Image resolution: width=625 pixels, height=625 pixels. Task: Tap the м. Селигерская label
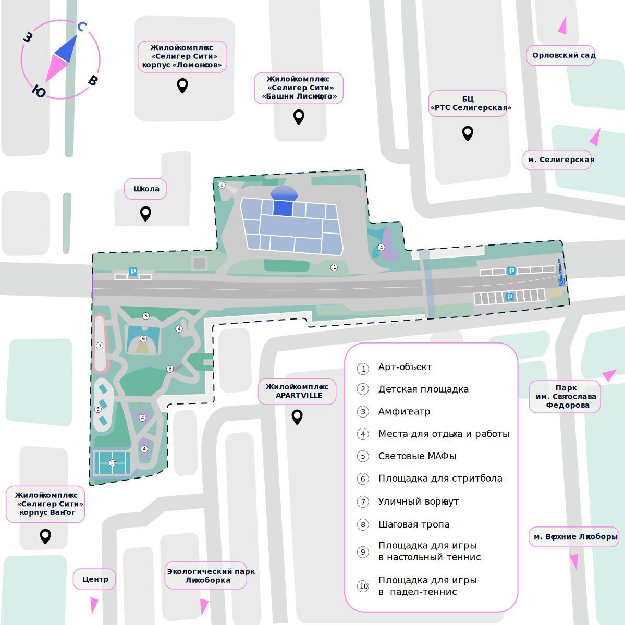tap(558, 160)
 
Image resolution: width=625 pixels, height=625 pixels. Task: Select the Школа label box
tap(145, 189)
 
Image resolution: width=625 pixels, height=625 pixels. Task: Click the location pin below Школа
tap(145, 213)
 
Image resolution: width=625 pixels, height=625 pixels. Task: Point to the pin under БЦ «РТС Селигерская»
tap(468, 133)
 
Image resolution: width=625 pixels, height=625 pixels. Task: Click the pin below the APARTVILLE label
tap(297, 416)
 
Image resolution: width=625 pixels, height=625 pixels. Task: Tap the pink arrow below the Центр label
tap(94, 605)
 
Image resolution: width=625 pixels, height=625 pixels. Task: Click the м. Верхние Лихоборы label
tap(573, 536)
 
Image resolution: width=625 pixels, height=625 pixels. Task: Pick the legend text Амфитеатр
tap(404, 412)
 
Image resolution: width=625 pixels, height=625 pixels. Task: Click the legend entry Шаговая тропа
tap(413, 524)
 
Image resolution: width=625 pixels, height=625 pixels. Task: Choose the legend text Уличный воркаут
tap(418, 501)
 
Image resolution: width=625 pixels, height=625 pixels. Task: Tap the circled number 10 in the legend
tap(363, 586)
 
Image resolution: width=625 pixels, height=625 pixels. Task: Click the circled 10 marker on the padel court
tap(113, 463)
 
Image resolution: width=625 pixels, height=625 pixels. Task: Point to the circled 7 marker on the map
tap(100, 346)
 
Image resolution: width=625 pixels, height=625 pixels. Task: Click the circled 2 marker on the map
tap(222, 185)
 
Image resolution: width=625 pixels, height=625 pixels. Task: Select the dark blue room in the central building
tap(283, 207)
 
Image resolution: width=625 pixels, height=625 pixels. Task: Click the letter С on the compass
tap(82, 27)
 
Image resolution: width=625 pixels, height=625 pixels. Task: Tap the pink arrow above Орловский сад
tap(562, 26)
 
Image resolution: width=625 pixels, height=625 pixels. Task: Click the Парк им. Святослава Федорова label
tap(565, 396)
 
